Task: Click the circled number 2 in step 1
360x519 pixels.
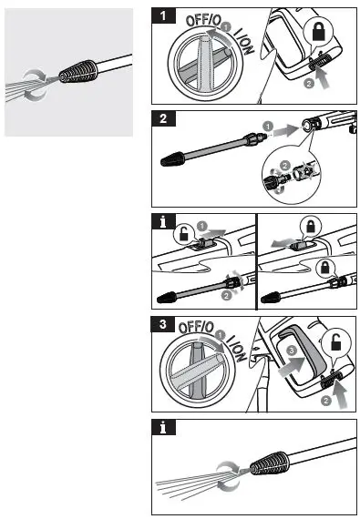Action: [x=307, y=82]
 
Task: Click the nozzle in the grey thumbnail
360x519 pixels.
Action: [x=73, y=74]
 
